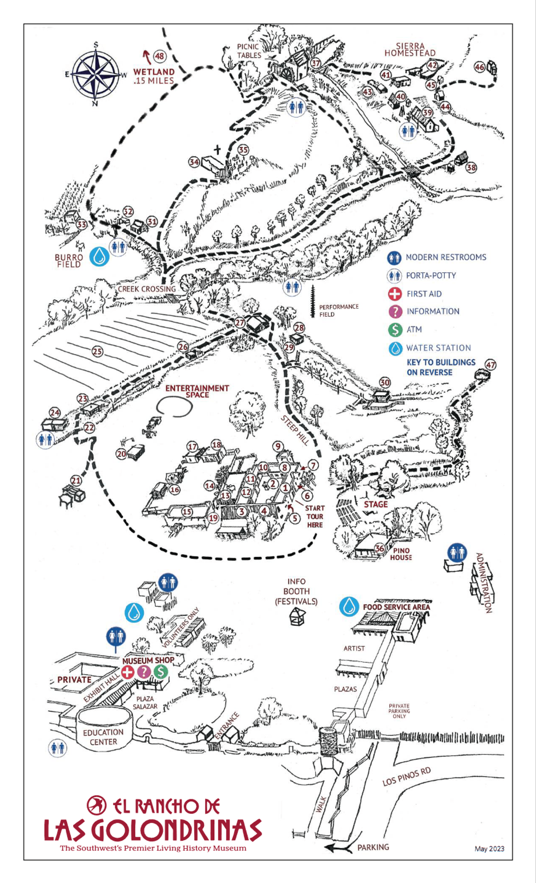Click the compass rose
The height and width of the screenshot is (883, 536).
click(96, 74)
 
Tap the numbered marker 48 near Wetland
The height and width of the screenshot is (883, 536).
click(159, 56)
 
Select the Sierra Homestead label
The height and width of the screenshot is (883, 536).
click(410, 50)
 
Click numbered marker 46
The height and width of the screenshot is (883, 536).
click(479, 67)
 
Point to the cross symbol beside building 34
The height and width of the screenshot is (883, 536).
click(217, 150)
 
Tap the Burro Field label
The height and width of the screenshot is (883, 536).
click(69, 260)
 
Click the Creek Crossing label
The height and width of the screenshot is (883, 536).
click(147, 289)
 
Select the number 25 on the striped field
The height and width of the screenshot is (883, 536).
click(97, 351)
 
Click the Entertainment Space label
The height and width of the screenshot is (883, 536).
click(197, 391)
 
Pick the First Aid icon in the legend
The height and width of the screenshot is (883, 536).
click(395, 294)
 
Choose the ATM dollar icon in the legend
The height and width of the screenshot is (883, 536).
click(395, 329)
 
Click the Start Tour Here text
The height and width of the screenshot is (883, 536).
click(315, 517)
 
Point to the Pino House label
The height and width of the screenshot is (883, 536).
click(401, 554)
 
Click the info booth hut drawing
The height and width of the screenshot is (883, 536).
click(297, 616)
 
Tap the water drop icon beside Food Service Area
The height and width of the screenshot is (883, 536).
click(349, 607)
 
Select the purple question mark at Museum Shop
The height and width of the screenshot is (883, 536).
click(144, 672)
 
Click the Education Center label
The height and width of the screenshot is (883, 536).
click(103, 737)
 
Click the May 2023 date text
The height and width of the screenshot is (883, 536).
click(489, 848)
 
